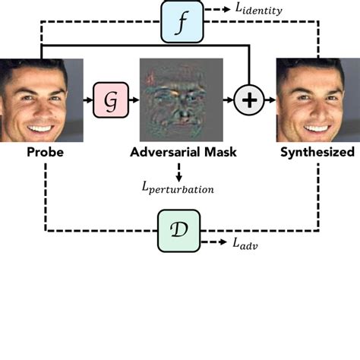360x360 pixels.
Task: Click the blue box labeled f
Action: tap(180, 21)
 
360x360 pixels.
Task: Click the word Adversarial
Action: tap(163, 153)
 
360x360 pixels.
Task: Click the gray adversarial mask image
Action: tap(181, 100)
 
